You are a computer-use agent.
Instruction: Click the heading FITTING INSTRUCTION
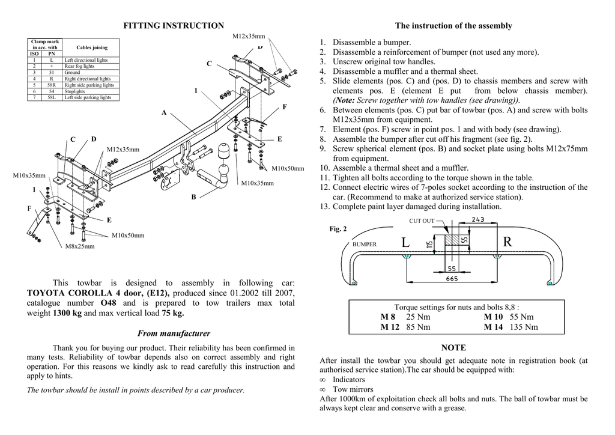[x=174, y=26]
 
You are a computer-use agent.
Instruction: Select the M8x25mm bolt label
[x=79, y=246]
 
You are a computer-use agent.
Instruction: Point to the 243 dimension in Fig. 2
[x=478, y=219]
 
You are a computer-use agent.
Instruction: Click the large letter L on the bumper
[x=405, y=242]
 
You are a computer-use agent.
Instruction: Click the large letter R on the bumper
[x=507, y=242]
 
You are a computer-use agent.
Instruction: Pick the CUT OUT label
[x=422, y=221]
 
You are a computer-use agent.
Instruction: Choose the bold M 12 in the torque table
[x=390, y=327]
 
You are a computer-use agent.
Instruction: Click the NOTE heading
[x=453, y=348]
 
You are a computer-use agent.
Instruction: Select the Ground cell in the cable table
[x=72, y=73]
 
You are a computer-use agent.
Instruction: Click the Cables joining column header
[x=92, y=47]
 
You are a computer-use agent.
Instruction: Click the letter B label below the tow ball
[x=193, y=196]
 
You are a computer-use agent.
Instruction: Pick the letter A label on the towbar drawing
[x=163, y=113]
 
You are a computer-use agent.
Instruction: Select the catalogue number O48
[x=109, y=303]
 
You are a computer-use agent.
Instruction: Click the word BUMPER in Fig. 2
[x=364, y=245]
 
